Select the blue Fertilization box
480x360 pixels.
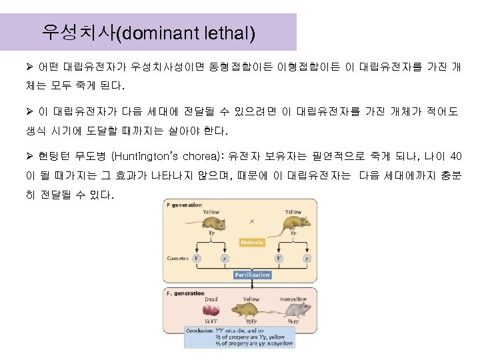(x=252, y=275)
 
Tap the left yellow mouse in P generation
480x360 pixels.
(x=209, y=222)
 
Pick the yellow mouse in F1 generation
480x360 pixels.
(x=251, y=309)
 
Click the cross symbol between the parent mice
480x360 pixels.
(x=251, y=221)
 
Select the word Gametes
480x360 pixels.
(x=178, y=258)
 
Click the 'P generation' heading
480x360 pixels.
(x=184, y=205)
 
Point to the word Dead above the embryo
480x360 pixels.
(x=211, y=299)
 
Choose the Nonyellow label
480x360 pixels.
(x=293, y=299)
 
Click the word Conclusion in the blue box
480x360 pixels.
(x=200, y=329)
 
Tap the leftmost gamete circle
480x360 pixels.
(x=196, y=258)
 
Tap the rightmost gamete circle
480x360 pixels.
(x=306, y=258)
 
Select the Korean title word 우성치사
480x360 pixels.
(x=78, y=32)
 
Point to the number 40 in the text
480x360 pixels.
(x=455, y=157)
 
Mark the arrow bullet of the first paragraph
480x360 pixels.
(x=27, y=68)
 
